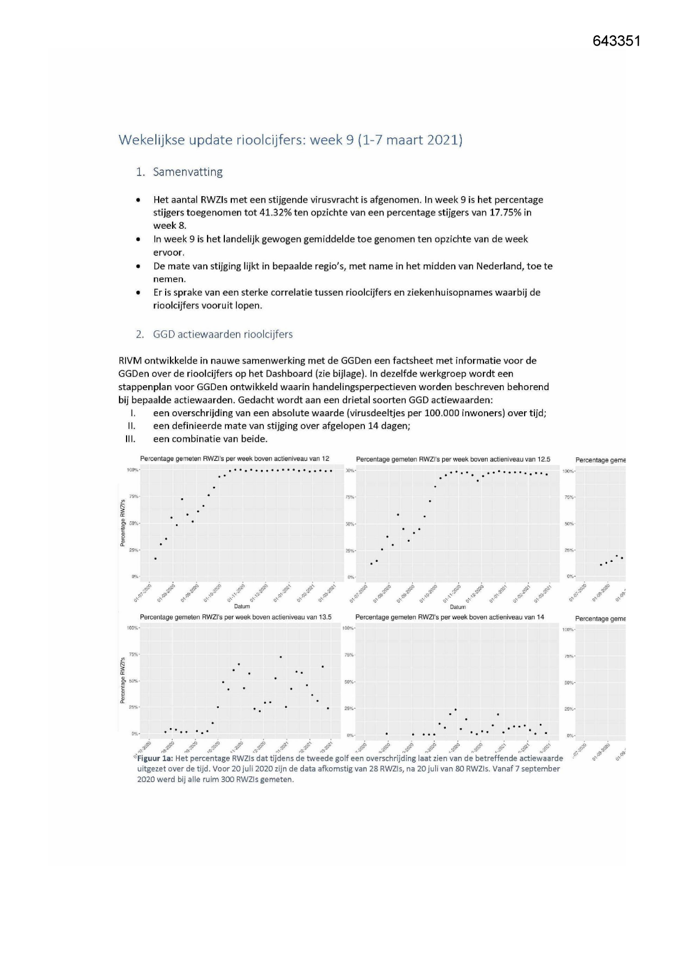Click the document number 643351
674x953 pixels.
(616, 41)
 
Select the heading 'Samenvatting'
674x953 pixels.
(187, 172)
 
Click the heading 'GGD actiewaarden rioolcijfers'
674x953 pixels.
(223, 334)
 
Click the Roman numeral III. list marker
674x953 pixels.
(130, 439)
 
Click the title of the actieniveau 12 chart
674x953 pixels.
(235, 459)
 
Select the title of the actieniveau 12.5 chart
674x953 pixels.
(453, 460)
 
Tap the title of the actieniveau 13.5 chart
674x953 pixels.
(236, 617)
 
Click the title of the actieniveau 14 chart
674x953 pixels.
(450, 617)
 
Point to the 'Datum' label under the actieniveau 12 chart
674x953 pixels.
(242, 606)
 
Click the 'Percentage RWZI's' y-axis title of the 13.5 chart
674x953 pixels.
(123, 680)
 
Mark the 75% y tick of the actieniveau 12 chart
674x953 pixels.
(133, 497)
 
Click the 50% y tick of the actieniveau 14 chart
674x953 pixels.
(349, 682)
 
